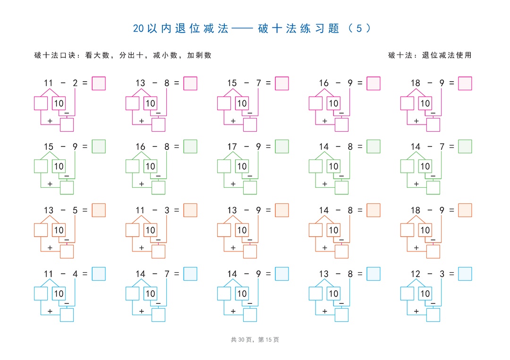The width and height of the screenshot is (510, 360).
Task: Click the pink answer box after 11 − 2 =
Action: pos(99,83)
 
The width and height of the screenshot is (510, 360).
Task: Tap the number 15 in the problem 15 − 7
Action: pos(232,83)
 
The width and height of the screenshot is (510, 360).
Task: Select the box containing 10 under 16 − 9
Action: pos(333,103)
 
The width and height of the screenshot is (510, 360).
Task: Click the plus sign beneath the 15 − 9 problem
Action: pos(50,184)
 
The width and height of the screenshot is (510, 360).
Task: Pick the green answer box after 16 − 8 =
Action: pos(190,146)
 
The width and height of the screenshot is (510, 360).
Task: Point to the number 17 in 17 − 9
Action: pos(232,147)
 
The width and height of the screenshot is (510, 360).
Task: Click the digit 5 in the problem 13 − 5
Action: pos(75,210)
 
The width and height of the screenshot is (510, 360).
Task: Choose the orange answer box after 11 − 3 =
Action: pos(190,210)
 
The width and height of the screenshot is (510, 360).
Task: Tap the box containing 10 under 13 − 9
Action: pos(242,230)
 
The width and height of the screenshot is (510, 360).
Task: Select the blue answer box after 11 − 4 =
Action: pos(99,274)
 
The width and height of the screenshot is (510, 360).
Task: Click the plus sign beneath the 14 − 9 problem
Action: pos(233,311)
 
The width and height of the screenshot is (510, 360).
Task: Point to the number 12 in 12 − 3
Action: pos(416,274)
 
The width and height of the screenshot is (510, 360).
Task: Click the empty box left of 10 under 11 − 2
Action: pos(41,103)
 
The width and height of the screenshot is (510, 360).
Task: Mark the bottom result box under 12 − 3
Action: pos(433,315)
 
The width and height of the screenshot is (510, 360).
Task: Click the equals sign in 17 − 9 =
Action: pos(268,147)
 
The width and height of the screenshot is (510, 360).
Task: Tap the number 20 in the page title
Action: pos(138,28)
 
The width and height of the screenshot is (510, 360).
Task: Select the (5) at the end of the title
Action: pos(359,28)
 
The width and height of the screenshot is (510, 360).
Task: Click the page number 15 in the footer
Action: pos(268,340)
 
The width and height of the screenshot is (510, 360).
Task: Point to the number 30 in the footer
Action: pos(241,340)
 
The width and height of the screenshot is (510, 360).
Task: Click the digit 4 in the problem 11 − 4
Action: pos(75,274)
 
